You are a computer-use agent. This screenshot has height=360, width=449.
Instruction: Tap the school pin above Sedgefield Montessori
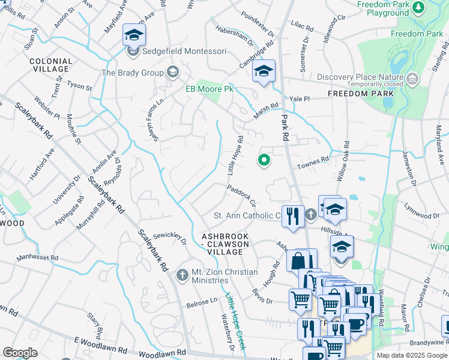point(134,36)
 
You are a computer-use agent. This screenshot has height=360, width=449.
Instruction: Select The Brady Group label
point(133,73)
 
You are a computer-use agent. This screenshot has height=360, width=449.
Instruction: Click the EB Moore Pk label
point(208,89)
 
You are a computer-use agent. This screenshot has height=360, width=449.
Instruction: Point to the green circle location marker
point(263,160)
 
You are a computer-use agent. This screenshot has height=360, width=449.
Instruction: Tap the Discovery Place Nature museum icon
point(412,79)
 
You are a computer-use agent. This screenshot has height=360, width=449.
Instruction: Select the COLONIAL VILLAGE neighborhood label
point(50,65)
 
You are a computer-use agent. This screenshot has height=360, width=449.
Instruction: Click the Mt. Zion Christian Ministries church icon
point(182,275)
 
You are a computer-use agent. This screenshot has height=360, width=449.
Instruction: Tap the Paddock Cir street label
point(241,196)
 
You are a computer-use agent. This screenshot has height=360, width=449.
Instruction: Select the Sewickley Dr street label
point(170,238)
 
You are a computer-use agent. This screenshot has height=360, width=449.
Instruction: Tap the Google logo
point(20,353)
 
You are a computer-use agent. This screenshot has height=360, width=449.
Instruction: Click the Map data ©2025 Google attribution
point(412,355)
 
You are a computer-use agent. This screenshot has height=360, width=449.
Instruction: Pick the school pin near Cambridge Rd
point(264,71)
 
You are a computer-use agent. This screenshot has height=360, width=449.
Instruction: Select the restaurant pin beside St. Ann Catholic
point(293,217)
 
